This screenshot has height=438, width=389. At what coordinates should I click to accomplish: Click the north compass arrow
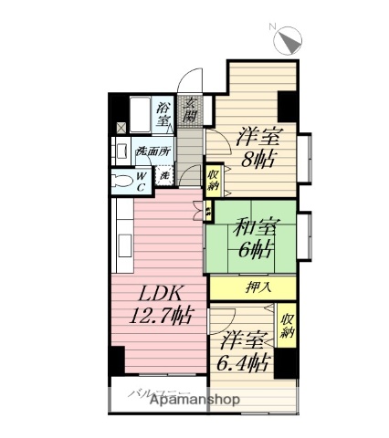click(289, 41)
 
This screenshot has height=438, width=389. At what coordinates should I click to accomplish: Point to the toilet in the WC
click(124, 179)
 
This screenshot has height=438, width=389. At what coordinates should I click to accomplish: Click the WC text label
click(143, 179)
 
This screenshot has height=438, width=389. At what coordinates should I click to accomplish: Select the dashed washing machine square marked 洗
click(165, 174)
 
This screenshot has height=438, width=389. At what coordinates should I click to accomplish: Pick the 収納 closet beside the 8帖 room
click(213, 179)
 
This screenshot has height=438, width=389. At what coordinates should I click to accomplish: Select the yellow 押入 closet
click(258, 287)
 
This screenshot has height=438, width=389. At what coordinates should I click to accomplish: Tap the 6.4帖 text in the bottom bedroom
click(245, 362)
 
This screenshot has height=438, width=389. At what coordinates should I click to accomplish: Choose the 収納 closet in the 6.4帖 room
click(287, 326)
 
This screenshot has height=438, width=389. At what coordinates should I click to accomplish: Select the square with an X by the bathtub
click(118, 128)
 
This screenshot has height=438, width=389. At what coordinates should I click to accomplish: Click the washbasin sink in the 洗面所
click(121, 151)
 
